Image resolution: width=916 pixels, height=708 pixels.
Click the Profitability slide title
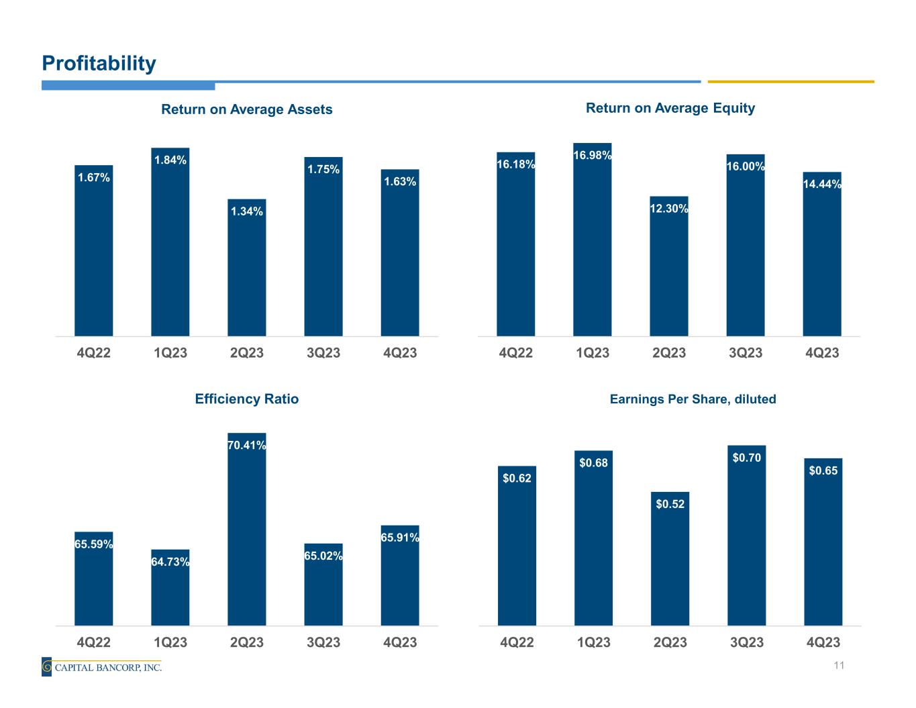tap(99, 64)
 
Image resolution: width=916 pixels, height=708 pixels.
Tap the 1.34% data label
tap(247, 211)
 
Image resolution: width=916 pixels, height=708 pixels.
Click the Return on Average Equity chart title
tap(670, 108)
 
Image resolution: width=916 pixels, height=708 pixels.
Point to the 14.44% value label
tap(822, 185)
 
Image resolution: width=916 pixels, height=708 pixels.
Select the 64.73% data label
tap(170, 561)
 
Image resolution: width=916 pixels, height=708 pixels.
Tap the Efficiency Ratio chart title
tap(246, 399)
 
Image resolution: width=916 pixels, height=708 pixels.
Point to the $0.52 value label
tap(670, 504)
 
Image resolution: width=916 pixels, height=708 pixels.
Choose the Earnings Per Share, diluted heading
tap(693, 399)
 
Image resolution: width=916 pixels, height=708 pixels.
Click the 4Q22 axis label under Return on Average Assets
tap(94, 352)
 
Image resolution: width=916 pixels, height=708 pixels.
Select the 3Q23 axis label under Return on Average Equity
tap(746, 352)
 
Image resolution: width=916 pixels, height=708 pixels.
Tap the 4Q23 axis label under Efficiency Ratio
tap(400, 642)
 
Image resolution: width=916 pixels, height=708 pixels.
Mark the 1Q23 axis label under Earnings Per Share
tap(593, 642)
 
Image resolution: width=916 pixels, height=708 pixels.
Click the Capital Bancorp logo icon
tap(46, 667)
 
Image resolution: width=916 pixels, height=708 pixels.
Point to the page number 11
tap(838, 665)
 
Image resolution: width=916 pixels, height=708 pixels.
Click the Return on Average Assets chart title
tap(247, 109)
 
